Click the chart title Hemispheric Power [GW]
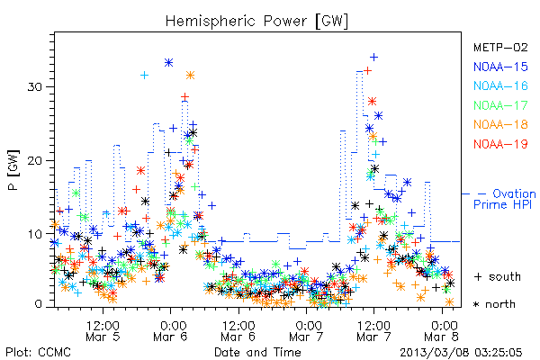click(x=256, y=22)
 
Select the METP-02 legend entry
click(x=500, y=47)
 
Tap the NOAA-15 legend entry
click(x=500, y=67)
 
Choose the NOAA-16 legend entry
click(x=500, y=85)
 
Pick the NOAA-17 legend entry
click(x=500, y=105)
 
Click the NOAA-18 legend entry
click(x=500, y=124)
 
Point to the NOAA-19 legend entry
click(x=500, y=144)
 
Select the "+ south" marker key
click(x=498, y=276)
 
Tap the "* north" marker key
click(x=494, y=304)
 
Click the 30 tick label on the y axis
click(x=34, y=86)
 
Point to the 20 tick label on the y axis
click(x=34, y=160)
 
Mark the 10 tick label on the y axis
click(x=34, y=234)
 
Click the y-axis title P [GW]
click(x=13, y=170)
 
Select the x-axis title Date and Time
click(x=257, y=352)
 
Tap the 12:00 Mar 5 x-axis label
click(x=103, y=330)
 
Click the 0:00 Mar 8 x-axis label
click(x=443, y=330)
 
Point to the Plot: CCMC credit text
click(x=38, y=352)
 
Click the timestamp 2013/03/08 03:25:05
click(x=461, y=352)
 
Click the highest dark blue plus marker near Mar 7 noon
click(x=373, y=58)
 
